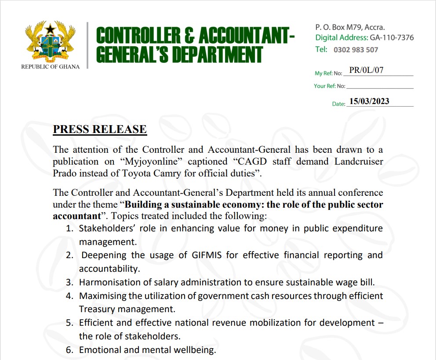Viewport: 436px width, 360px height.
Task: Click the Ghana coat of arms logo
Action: point(50,41)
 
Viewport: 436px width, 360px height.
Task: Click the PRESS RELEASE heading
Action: point(100,130)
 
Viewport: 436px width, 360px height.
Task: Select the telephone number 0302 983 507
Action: point(356,50)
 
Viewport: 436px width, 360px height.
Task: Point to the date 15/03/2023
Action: point(369,101)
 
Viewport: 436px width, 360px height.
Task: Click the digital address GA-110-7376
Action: point(392,38)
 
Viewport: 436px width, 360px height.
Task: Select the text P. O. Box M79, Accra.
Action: point(350,27)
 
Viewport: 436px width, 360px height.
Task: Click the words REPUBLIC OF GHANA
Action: point(50,67)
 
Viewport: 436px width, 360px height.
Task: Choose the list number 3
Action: point(69,282)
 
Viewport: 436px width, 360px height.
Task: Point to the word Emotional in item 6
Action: point(98,350)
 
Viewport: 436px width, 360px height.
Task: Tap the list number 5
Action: point(69,323)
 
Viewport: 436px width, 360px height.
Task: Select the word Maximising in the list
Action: point(102,296)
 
